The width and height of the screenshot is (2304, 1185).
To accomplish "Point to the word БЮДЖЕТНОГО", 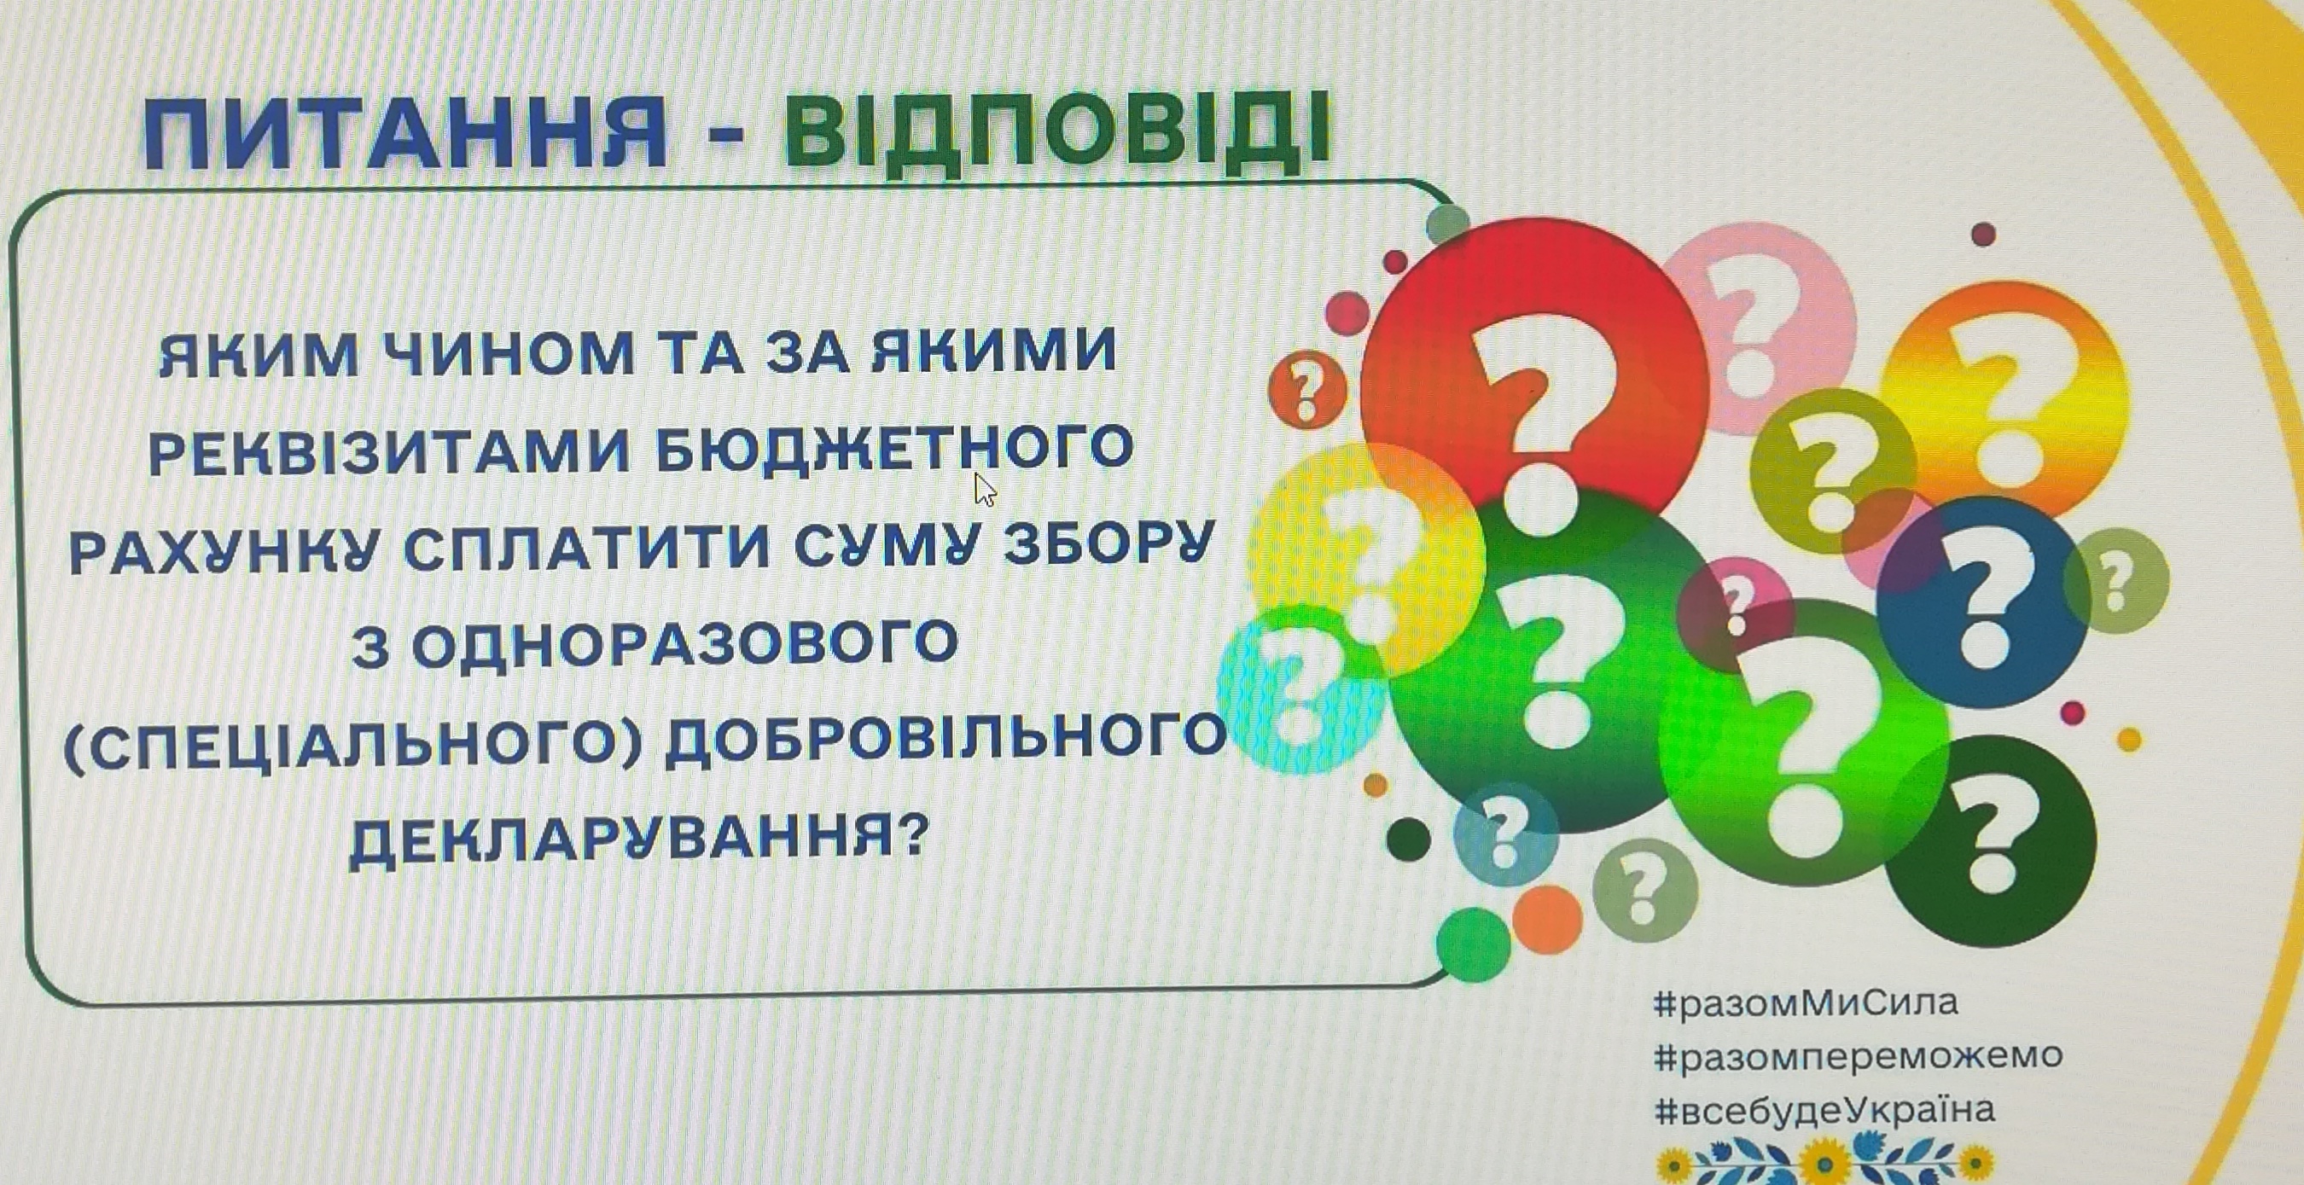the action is (894, 450).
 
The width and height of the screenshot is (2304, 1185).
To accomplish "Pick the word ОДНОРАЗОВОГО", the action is (685, 644).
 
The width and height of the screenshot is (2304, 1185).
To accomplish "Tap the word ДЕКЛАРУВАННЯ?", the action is (635, 839).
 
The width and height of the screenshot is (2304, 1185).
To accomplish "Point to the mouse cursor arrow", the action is (985, 489).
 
